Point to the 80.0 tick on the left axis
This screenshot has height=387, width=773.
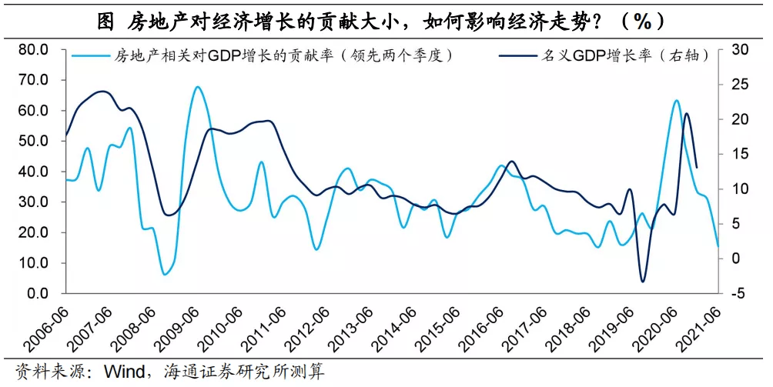tap(33, 50)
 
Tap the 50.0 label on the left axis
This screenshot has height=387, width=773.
tap(33, 141)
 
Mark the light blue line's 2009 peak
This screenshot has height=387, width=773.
tap(197, 87)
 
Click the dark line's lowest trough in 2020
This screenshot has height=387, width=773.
tap(643, 282)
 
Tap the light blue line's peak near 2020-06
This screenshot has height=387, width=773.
tap(676, 100)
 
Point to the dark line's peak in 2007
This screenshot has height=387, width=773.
tap(103, 92)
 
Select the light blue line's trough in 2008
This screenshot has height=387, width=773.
tap(165, 274)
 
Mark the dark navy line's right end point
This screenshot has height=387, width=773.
tap(697, 167)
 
